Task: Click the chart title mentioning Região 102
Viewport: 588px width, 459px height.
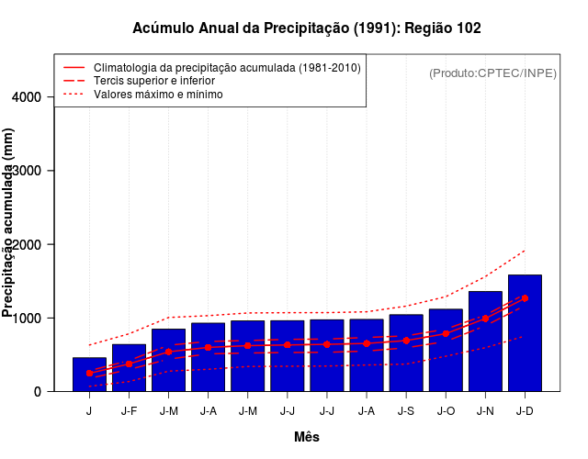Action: click(307, 28)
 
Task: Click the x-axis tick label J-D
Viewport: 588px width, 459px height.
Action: click(525, 410)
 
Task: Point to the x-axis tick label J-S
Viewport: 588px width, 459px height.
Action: click(406, 410)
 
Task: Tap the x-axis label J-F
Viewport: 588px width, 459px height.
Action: click(129, 410)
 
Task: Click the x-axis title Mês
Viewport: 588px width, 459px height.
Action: click(307, 437)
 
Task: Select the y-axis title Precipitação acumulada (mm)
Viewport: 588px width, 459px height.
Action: click(9, 223)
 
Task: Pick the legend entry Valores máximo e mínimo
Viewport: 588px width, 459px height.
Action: click(158, 94)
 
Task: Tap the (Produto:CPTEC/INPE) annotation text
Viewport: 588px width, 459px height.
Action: click(492, 73)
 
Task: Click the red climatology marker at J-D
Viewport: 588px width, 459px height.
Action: click(525, 298)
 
